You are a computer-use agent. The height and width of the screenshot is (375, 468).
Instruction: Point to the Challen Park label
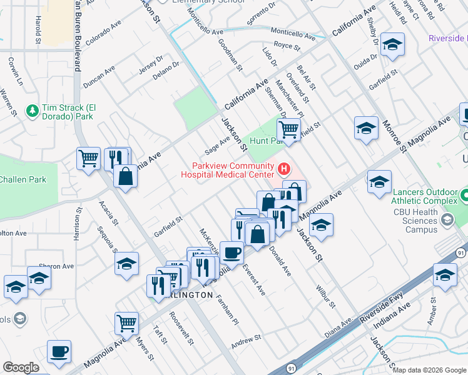23,180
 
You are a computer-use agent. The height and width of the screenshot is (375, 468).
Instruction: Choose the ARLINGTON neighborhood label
188,294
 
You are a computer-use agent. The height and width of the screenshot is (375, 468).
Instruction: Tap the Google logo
21,367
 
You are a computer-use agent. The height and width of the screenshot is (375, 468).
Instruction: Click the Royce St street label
288,46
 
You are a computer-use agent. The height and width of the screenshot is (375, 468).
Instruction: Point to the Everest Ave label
255,281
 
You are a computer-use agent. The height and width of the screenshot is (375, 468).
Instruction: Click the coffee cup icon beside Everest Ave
231,252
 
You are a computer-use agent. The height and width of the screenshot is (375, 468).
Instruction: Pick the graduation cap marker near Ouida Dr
392,44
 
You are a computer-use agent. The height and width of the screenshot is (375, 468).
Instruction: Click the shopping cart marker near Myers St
126,323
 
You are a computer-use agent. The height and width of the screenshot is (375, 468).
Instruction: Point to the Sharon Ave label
56,266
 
